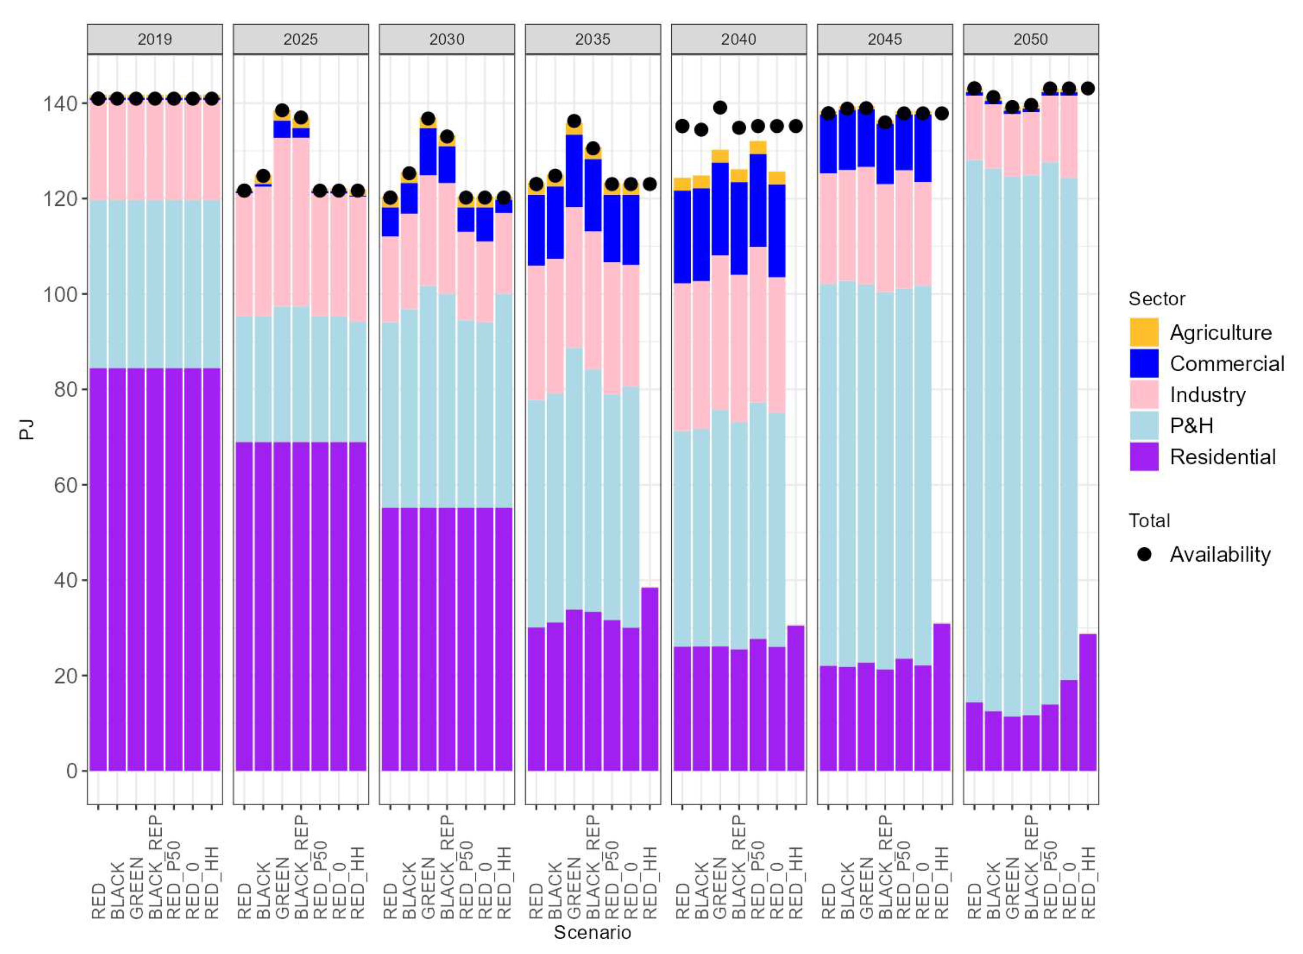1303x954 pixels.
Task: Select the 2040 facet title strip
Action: pyautogui.click(x=738, y=39)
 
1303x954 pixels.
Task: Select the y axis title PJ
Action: pyautogui.click(x=26, y=430)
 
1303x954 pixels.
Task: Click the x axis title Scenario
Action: pyautogui.click(x=592, y=931)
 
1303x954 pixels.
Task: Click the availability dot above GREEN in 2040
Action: pyautogui.click(x=719, y=108)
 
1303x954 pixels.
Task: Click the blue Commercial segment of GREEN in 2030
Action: pyautogui.click(x=428, y=151)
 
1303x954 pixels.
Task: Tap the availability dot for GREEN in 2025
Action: pyautogui.click(x=282, y=110)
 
